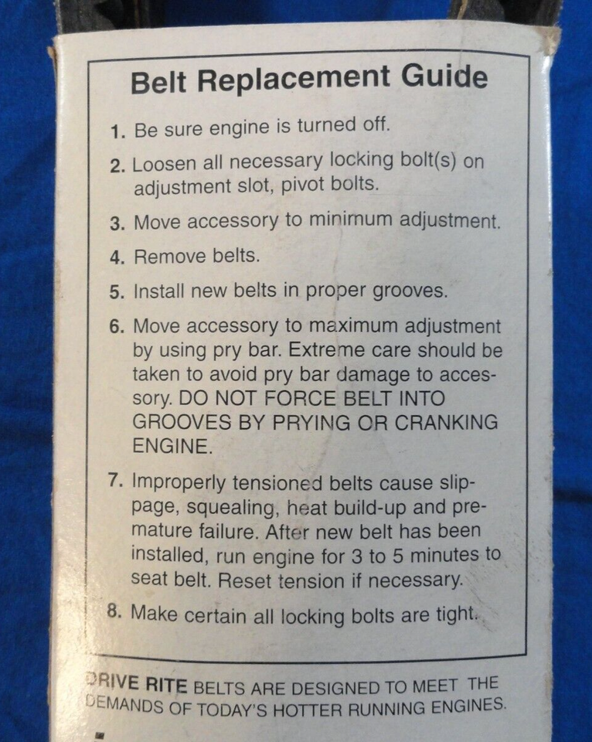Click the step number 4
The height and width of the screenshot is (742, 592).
click(x=117, y=258)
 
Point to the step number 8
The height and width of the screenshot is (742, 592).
click(x=114, y=611)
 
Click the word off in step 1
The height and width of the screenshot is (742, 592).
click(x=376, y=124)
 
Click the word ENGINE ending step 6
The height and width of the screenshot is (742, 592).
click(x=172, y=446)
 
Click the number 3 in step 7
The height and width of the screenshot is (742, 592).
click(x=356, y=556)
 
